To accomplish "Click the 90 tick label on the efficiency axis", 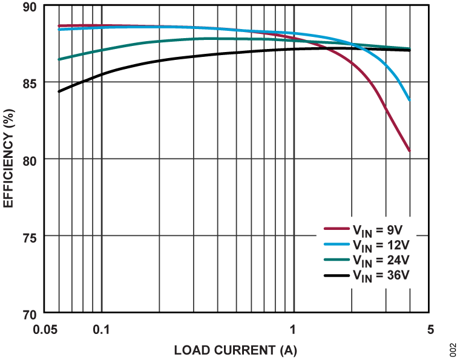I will pyautogui.click(x=29, y=6).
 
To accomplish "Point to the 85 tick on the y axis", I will pyautogui.click(x=29, y=82).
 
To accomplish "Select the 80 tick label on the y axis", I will pyautogui.click(x=29, y=159).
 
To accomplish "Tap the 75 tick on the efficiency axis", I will pyautogui.click(x=29, y=236).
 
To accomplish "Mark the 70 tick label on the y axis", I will pyautogui.click(x=29, y=313).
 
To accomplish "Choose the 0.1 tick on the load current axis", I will pyautogui.click(x=102, y=330).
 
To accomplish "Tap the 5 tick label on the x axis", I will pyautogui.click(x=430, y=330).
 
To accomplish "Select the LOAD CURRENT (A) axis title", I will pyautogui.click(x=235, y=350).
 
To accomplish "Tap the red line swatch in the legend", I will pyautogui.click(x=335, y=229).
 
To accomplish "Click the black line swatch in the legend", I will pyautogui.click(x=335, y=276).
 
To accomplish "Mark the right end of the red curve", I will pyautogui.click(x=410, y=152).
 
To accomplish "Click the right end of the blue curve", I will pyautogui.click(x=410, y=100).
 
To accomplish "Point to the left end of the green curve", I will pyautogui.click(x=59, y=59).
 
